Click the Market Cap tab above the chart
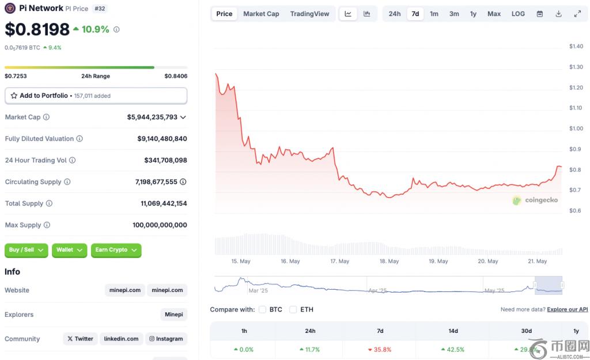pos(261,14)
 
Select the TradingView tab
pos(309,14)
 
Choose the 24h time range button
pos(395,14)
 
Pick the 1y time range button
pos(473,14)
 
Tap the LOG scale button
pos(518,14)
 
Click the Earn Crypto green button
pos(116,250)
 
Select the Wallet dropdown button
pos(70,250)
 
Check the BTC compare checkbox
pos(263,309)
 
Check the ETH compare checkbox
pos(293,309)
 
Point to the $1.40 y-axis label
pos(576,47)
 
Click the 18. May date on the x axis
pos(389,261)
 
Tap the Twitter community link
pos(80,339)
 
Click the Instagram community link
pos(167,339)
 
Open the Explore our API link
pos(568,309)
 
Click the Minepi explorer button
pos(174,314)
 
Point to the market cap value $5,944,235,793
pos(152,117)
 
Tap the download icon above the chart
pos(558,14)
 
